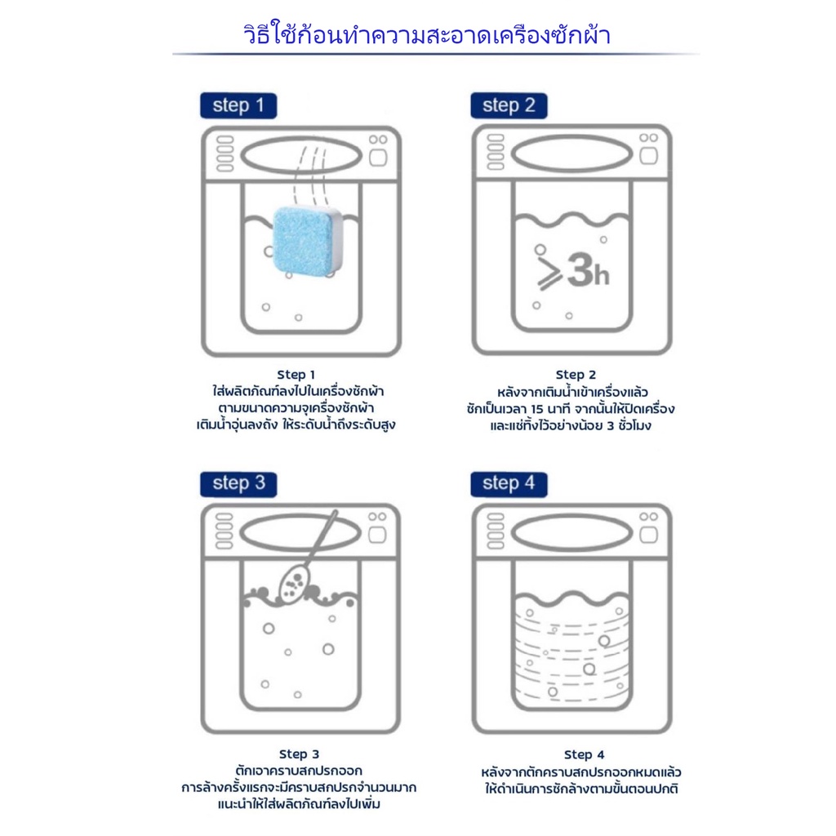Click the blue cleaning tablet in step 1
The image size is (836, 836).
point(307,240)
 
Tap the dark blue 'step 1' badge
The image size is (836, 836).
point(238,105)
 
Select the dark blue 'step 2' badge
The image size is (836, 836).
point(509,105)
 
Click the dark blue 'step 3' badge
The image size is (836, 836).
point(238,484)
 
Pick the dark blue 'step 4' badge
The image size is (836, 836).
point(509,484)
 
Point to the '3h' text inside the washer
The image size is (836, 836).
point(588,270)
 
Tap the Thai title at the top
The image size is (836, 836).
point(426,34)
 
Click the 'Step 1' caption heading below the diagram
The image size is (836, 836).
point(296,374)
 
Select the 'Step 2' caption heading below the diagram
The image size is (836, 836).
point(576,374)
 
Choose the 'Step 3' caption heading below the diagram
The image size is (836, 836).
point(299,754)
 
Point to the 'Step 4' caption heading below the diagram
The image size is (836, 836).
point(585,754)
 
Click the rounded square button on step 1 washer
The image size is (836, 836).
point(378,158)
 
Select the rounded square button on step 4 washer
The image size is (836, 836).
point(648,535)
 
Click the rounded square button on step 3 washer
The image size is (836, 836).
point(377,535)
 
